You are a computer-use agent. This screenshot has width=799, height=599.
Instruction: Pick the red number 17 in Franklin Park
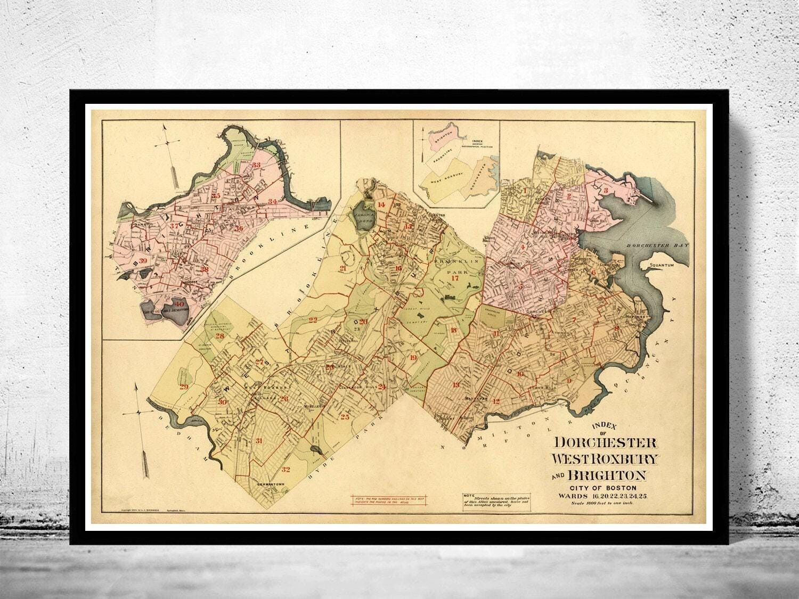pos(454,278)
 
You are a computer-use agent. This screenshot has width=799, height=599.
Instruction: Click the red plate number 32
pos(286,469)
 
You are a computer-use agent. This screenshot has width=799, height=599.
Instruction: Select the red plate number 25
pos(345,417)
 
